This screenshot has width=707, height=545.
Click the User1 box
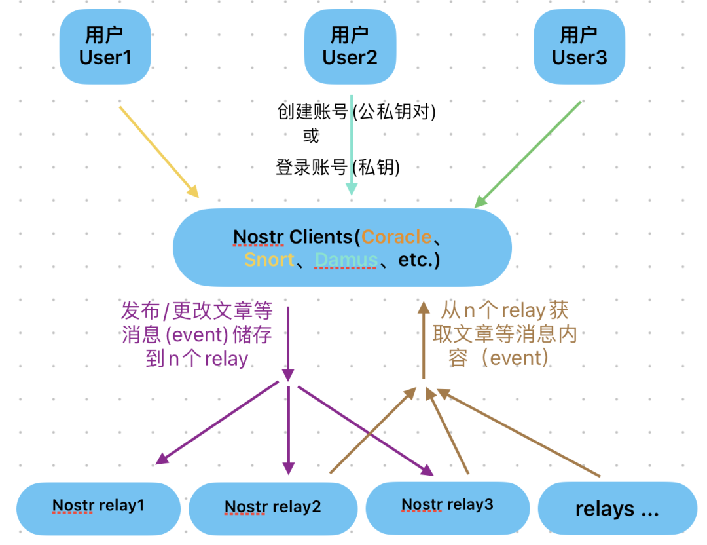click(105, 47)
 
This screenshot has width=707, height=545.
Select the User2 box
click(350, 47)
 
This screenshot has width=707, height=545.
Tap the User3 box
click(579, 47)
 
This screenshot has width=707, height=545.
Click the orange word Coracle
click(397, 236)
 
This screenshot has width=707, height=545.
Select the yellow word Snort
click(268, 260)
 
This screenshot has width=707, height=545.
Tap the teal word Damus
click(346, 260)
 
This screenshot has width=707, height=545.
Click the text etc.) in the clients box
click(420, 260)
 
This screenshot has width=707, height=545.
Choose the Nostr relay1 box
click(98, 506)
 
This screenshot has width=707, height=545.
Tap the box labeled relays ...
click(617, 509)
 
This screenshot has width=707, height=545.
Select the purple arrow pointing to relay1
click(219, 422)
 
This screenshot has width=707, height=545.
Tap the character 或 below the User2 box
click(311, 136)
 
